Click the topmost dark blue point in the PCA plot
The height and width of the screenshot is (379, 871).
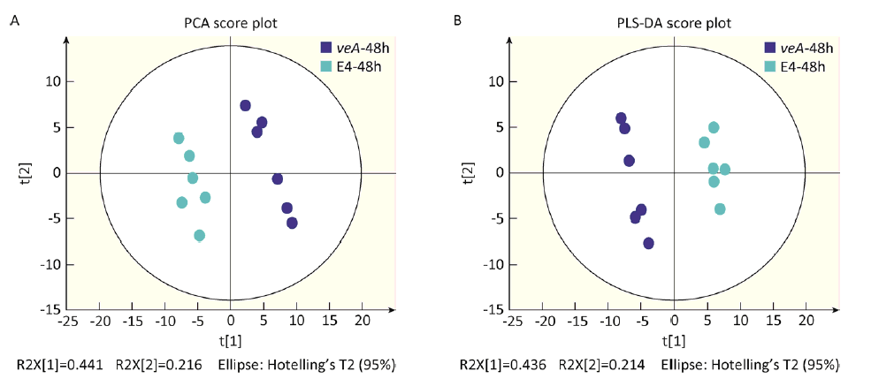(x=245, y=105)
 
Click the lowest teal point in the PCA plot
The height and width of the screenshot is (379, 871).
(x=200, y=235)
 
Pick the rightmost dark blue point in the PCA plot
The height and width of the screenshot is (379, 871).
(x=292, y=223)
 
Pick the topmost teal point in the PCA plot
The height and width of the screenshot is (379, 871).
(x=179, y=138)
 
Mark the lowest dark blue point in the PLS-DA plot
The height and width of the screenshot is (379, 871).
(x=648, y=243)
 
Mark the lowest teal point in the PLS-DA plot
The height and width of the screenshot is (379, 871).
(x=720, y=208)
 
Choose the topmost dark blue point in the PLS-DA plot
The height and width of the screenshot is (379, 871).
(x=621, y=118)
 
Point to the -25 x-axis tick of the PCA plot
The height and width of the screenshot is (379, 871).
(x=67, y=322)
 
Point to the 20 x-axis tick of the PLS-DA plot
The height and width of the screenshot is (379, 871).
(x=806, y=322)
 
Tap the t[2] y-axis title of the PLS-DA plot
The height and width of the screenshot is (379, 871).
(x=466, y=172)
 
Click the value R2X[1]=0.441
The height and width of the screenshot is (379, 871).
(x=58, y=364)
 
